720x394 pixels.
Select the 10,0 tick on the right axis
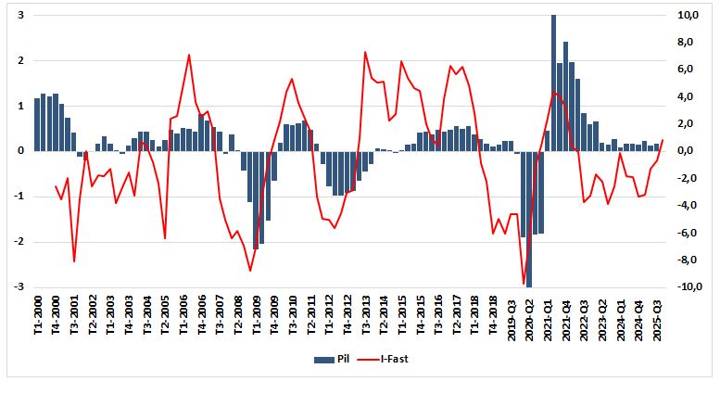[687, 16]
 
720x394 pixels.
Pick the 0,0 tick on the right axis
[687, 151]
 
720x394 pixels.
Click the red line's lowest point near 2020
[524, 284]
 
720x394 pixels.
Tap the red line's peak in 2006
[189, 55]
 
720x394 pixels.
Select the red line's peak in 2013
[365, 52]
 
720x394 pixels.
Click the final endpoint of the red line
[663, 140]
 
